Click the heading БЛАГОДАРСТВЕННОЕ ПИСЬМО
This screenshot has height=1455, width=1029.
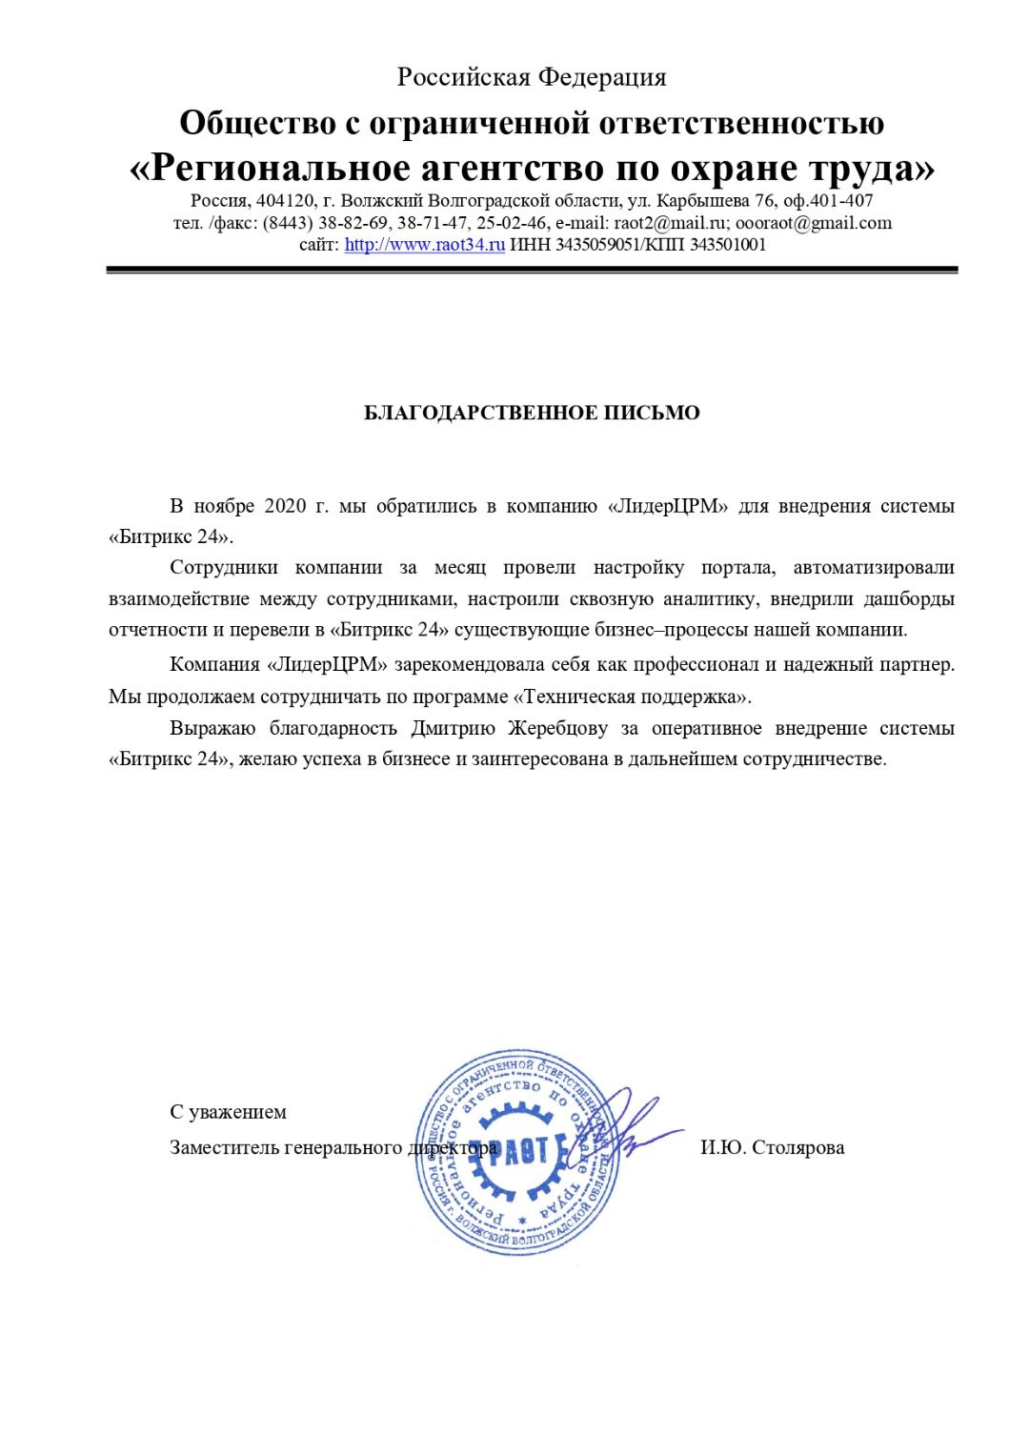[532, 413]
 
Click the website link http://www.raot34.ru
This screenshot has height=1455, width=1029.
[424, 245]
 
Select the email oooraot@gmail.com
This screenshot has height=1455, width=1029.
[814, 223]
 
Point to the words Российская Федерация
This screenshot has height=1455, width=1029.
[532, 77]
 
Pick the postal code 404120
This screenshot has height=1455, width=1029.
[285, 201]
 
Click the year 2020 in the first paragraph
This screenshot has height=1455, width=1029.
[285, 506]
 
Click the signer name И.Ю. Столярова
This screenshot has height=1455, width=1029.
[772, 1147]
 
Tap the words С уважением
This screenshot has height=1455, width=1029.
[228, 1112]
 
